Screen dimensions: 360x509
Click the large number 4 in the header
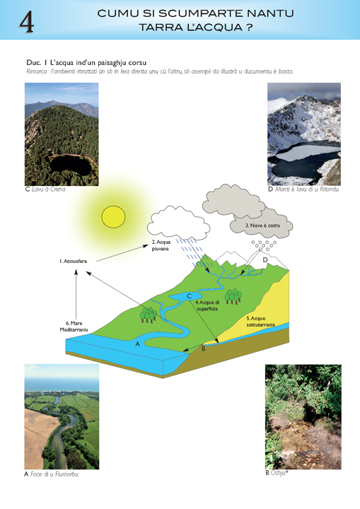(26, 22)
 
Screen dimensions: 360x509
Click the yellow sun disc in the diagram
(113, 217)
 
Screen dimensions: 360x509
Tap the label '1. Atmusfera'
(73, 262)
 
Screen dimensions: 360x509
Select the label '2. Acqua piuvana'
(161, 245)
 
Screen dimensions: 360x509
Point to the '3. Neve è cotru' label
(262, 226)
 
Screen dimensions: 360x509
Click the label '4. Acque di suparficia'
(207, 306)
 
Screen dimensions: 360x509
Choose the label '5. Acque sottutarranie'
(260, 322)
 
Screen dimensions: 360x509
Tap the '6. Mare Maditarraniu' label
(74, 327)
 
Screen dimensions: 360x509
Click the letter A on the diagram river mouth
(137, 344)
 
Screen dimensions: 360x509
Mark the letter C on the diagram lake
(189, 296)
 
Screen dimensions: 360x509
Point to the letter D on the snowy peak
(265, 260)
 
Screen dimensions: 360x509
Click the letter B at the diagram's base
(204, 349)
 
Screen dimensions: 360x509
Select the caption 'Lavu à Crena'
(48, 189)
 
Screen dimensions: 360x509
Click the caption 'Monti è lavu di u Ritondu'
(307, 189)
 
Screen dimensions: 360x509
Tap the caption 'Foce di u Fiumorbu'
(54, 474)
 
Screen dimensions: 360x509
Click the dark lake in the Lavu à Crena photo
(71, 165)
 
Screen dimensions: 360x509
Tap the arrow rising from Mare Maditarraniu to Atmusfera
(76, 295)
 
